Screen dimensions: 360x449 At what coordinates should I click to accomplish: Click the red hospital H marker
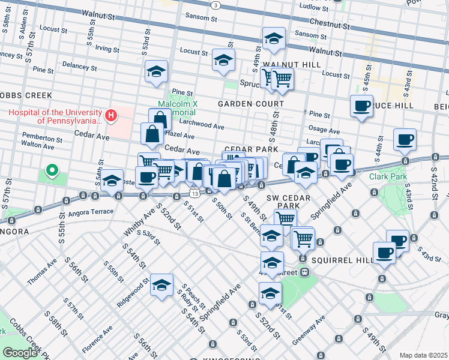tap(110, 115)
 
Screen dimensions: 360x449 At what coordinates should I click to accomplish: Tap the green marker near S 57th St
tap(52, 172)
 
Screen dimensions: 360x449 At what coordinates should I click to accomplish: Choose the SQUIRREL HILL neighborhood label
tap(337, 260)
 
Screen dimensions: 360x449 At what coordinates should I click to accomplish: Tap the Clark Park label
tap(388, 176)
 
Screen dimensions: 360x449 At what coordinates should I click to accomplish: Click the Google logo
tap(19, 353)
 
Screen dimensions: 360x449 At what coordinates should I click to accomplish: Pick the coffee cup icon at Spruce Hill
tap(361, 106)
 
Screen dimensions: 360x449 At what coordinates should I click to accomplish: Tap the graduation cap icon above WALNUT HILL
tap(274, 40)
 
